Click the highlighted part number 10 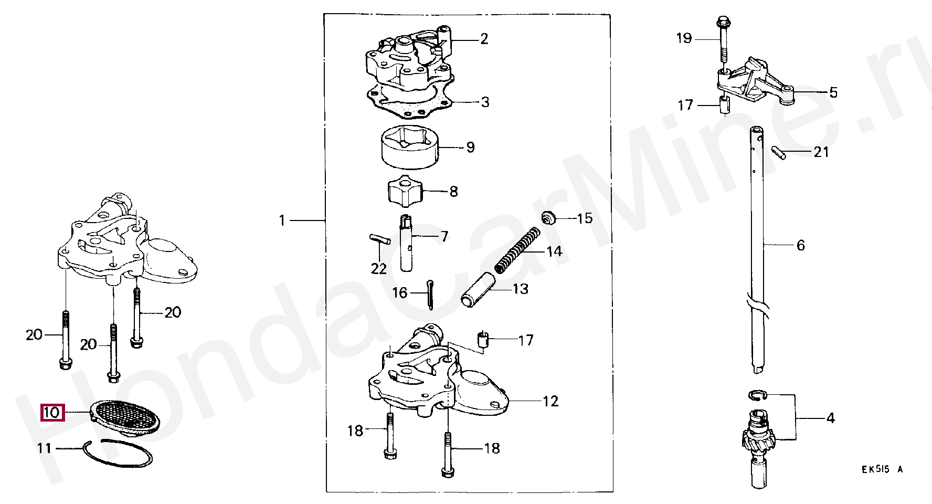52,413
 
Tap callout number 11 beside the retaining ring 44,448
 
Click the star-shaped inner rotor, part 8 405,191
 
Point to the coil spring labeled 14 518,250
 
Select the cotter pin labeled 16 430,295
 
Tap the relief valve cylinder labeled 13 478,289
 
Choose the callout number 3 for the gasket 485,102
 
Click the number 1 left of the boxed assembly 282,220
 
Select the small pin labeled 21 779,152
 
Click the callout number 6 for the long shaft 800,245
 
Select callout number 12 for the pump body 550,401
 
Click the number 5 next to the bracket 833,92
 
